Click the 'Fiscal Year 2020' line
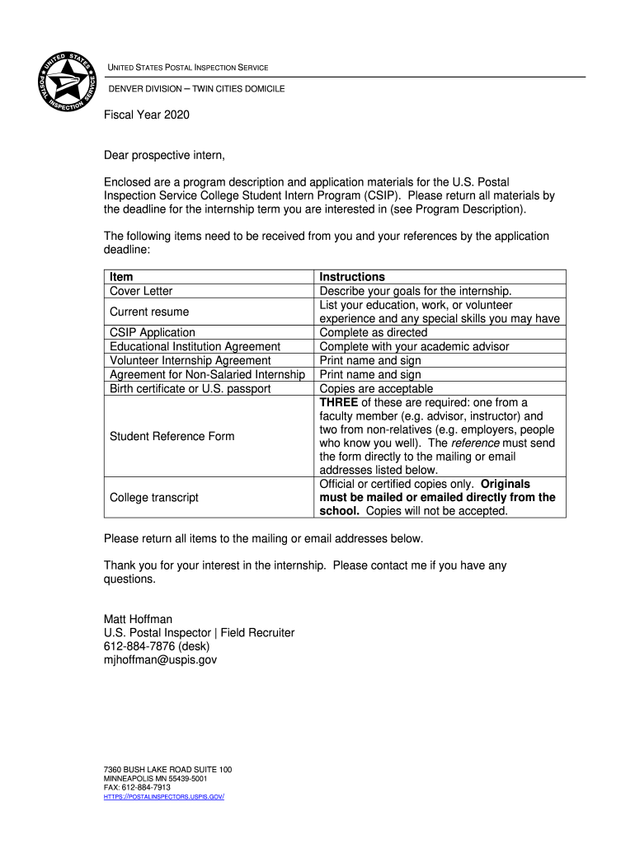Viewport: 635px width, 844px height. (x=146, y=115)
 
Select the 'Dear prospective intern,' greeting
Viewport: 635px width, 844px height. (x=164, y=155)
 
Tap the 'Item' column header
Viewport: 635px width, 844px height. (x=121, y=277)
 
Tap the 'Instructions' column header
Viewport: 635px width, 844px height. (x=352, y=277)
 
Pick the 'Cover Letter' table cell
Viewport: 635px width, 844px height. (x=141, y=291)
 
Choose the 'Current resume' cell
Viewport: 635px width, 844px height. (x=149, y=312)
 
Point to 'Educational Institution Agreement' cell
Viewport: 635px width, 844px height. (x=195, y=346)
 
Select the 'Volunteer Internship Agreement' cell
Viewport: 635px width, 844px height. (x=190, y=360)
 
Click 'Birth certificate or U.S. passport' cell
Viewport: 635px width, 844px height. (x=190, y=388)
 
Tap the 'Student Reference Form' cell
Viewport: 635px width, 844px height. (x=172, y=436)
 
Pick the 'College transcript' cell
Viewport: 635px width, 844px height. (x=154, y=497)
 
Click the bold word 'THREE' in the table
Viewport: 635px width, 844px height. (x=339, y=402)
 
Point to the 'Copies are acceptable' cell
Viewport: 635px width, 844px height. (x=375, y=388)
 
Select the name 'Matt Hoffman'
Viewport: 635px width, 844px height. (x=138, y=619)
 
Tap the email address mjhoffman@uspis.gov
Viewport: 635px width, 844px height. (x=160, y=659)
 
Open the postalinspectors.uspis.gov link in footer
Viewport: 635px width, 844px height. (x=164, y=797)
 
